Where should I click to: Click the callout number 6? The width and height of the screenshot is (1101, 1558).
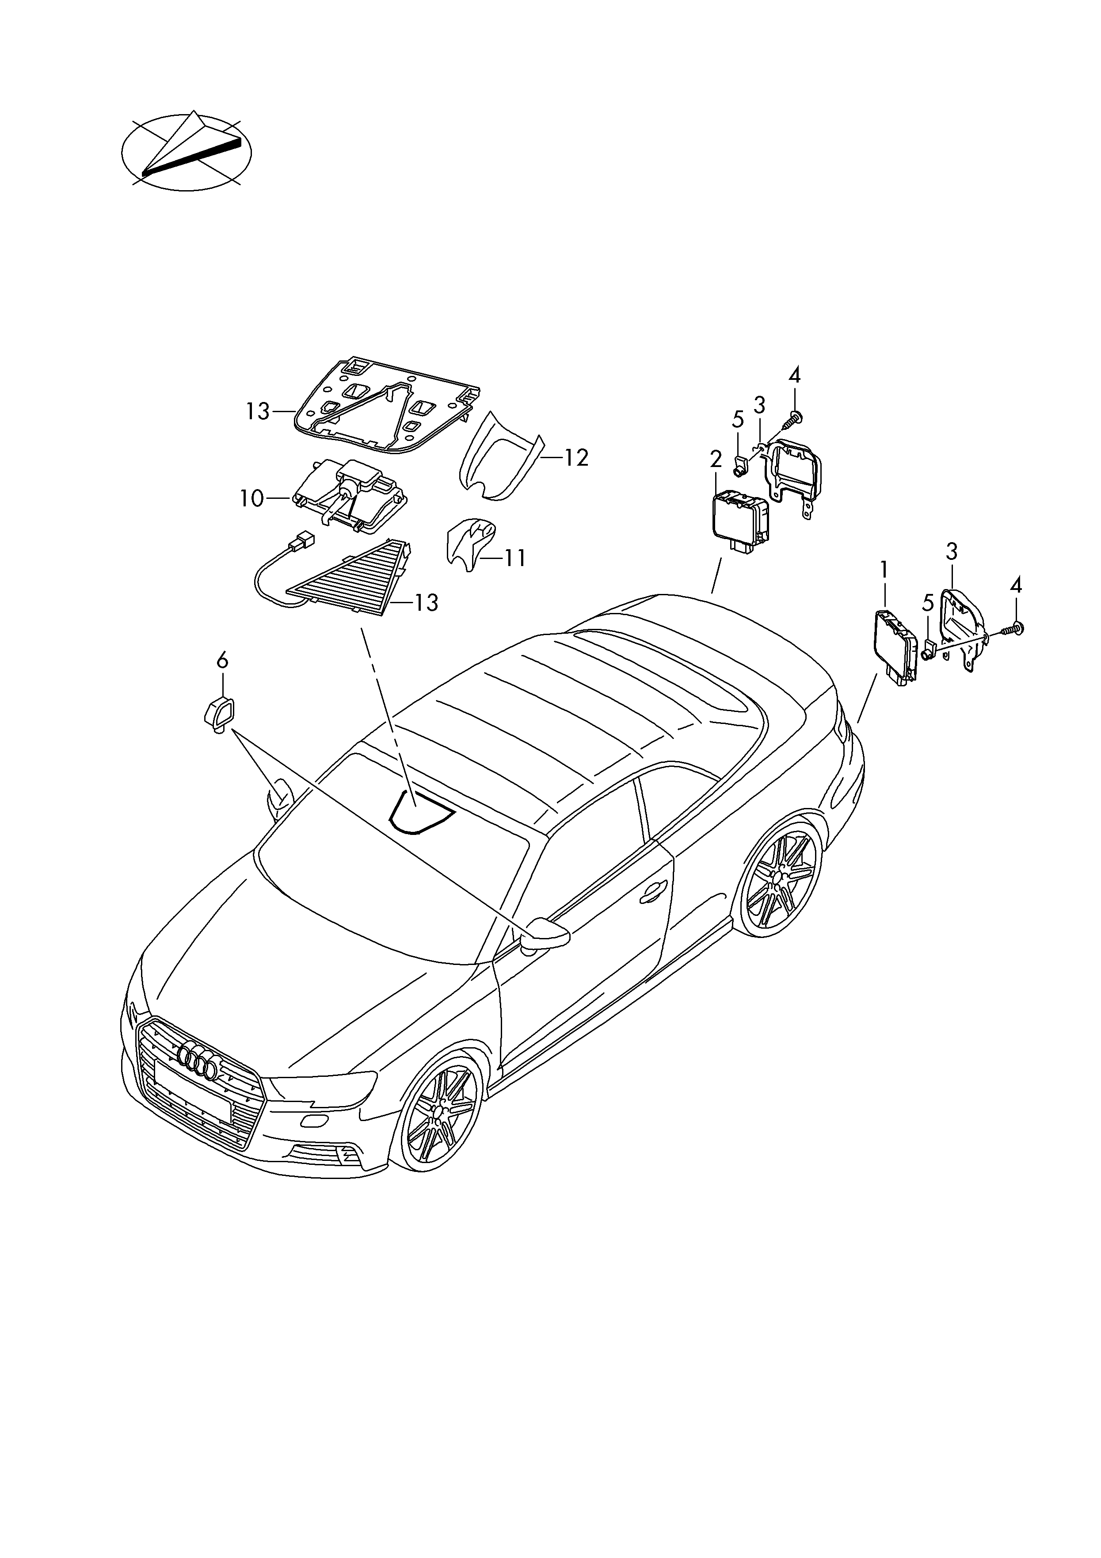[x=222, y=660]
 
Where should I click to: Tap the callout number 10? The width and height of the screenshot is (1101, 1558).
[x=251, y=499]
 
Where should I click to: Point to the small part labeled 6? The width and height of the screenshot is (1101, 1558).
[x=218, y=715]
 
